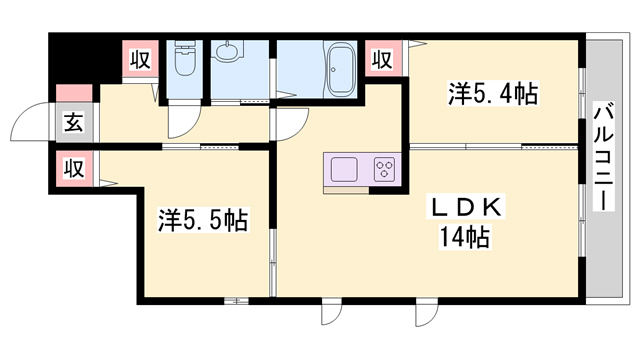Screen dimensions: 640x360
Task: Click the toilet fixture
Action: click(185, 58)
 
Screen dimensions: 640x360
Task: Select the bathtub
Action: click(340, 70)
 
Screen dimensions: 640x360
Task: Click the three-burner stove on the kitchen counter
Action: click(384, 169)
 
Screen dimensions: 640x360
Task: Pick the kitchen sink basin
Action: click(344, 169)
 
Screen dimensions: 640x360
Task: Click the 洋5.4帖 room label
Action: click(493, 93)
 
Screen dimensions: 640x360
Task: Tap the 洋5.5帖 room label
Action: click(203, 220)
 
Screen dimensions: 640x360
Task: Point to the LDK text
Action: click(465, 207)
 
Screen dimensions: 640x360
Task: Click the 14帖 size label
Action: click(464, 237)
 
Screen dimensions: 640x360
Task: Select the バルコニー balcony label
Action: click(604, 156)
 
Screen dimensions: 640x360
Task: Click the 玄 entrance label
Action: click(74, 122)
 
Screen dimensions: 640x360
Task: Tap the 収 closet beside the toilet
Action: click(140, 59)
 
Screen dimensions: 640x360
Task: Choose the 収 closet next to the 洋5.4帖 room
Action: click(383, 59)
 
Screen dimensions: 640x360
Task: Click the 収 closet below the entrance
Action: click(74, 168)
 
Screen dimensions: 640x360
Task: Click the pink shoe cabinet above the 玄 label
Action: click(74, 93)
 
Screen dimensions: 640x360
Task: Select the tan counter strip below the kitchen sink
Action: click(346, 190)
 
